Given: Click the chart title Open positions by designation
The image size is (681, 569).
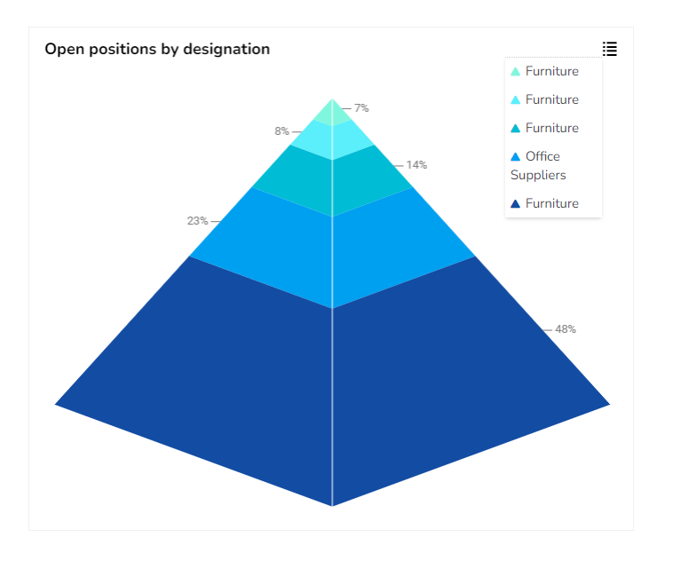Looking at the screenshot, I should (x=157, y=50).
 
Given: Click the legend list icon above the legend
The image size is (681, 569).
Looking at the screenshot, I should (x=609, y=49).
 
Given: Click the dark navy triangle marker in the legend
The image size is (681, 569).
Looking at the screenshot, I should (x=515, y=204).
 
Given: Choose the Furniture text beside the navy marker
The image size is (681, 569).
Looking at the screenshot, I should (x=551, y=204).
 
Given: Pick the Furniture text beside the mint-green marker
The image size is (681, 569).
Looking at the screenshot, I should (x=551, y=72).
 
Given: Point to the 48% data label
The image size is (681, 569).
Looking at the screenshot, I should (x=566, y=329).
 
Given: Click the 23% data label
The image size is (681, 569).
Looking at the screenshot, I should (x=197, y=221).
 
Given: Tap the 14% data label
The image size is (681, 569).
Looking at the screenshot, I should (x=416, y=165).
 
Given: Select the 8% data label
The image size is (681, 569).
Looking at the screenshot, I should (x=281, y=131).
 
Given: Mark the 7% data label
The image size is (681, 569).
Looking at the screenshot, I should (x=361, y=108).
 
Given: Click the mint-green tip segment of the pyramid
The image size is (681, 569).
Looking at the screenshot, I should (x=331, y=114).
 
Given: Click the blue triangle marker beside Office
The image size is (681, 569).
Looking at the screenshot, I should (x=515, y=157).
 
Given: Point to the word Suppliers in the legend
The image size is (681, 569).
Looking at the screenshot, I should (x=538, y=175).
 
